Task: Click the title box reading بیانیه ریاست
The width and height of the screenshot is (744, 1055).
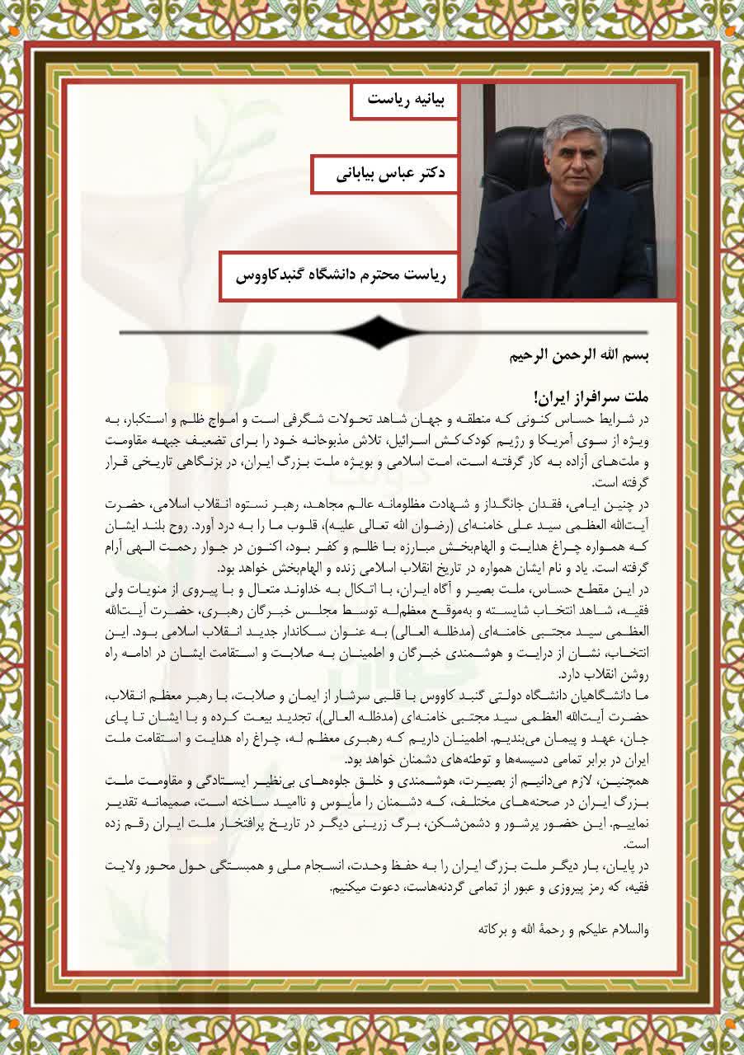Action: click(404, 101)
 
